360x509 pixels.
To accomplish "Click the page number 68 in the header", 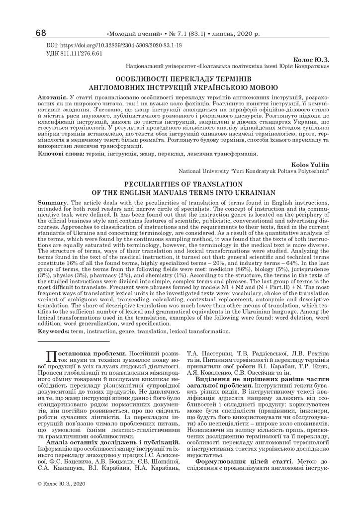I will tap(41, 33).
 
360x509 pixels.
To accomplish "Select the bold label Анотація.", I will tap(53, 94).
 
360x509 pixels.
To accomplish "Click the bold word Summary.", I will tap(54, 204).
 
